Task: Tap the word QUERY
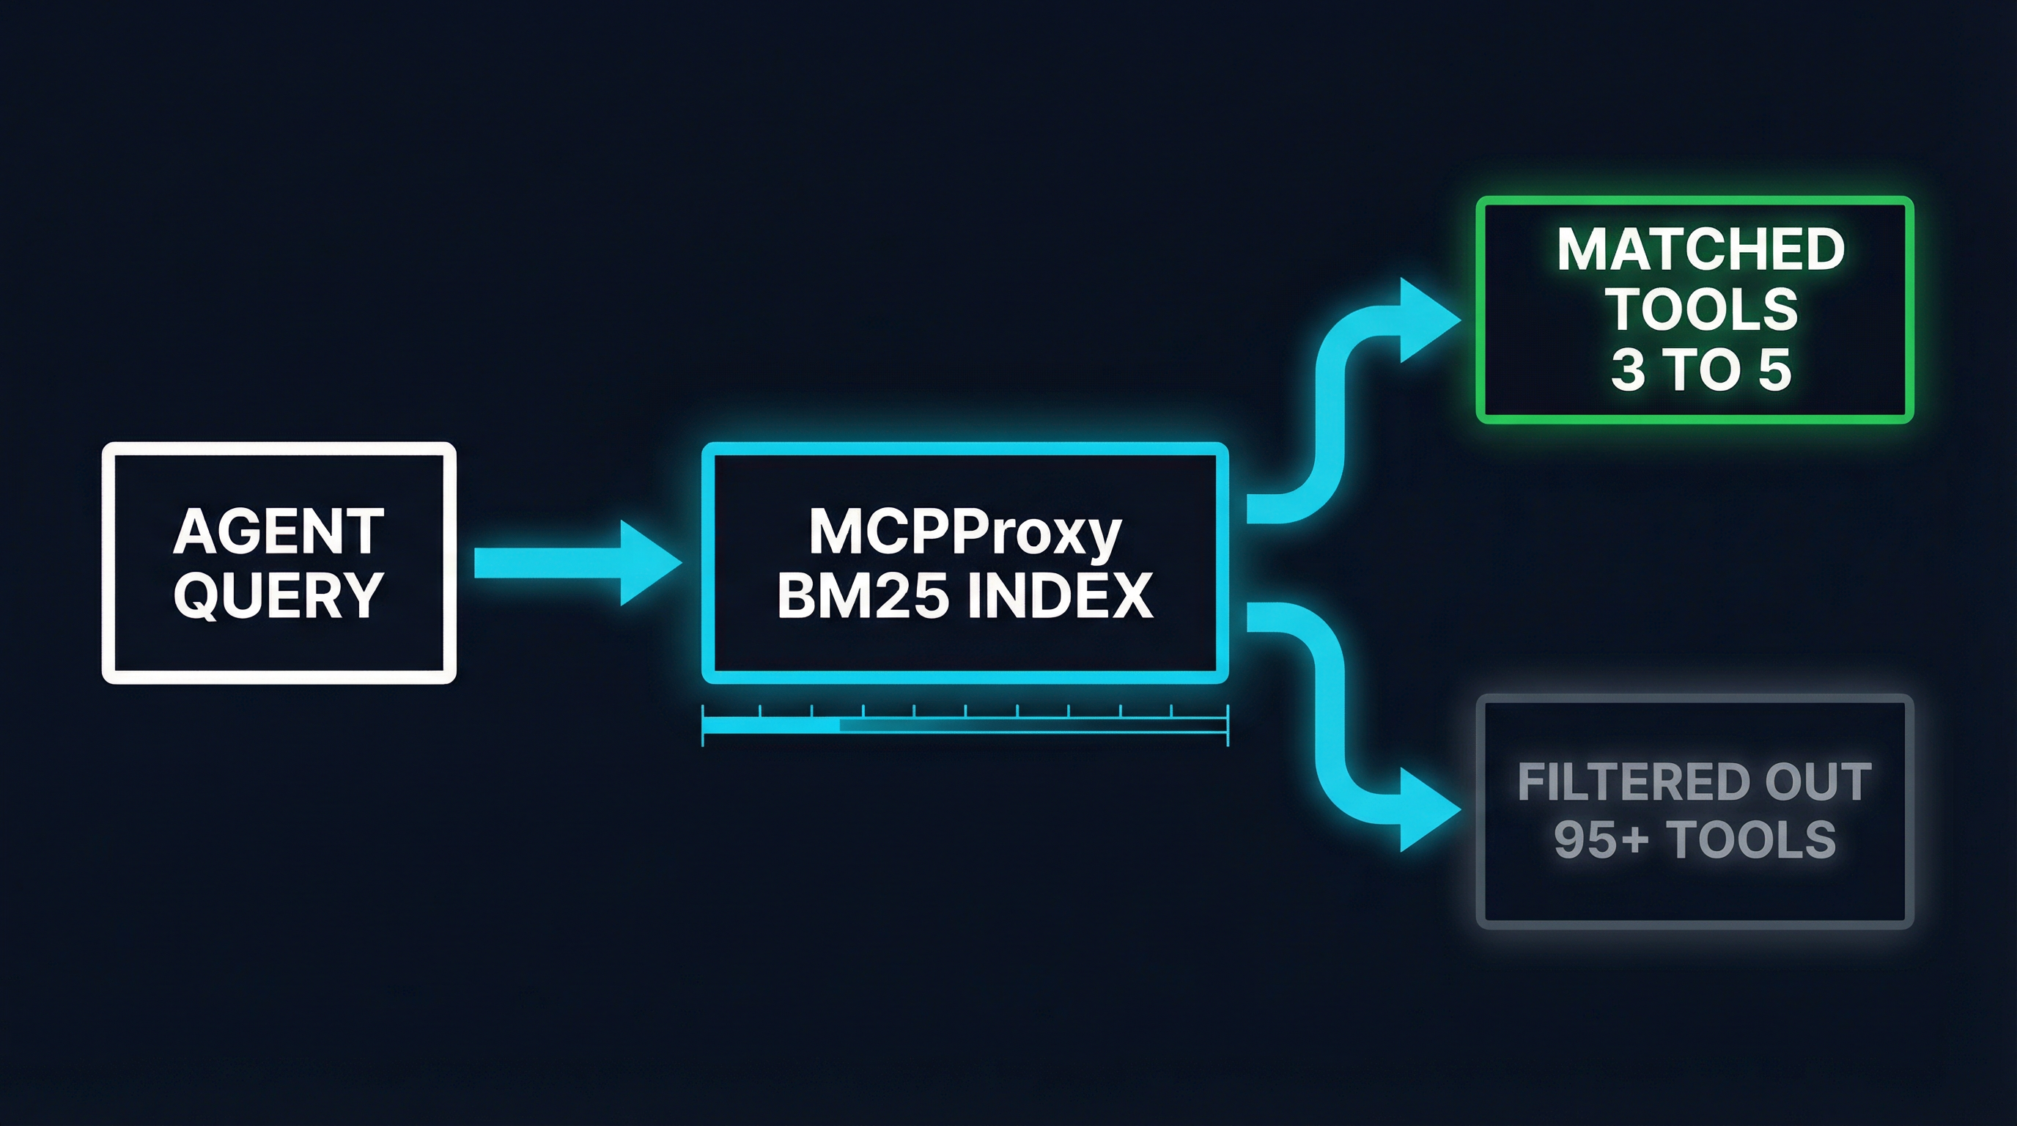tap(278, 595)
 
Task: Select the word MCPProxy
tap(965, 532)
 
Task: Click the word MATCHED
tap(1700, 250)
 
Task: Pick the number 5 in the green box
tap(1774, 369)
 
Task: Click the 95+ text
tap(1601, 840)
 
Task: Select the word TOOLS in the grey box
tap(1751, 840)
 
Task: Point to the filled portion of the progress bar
tap(771, 726)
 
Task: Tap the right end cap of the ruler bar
tap(1227, 725)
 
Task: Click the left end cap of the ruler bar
tap(703, 725)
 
